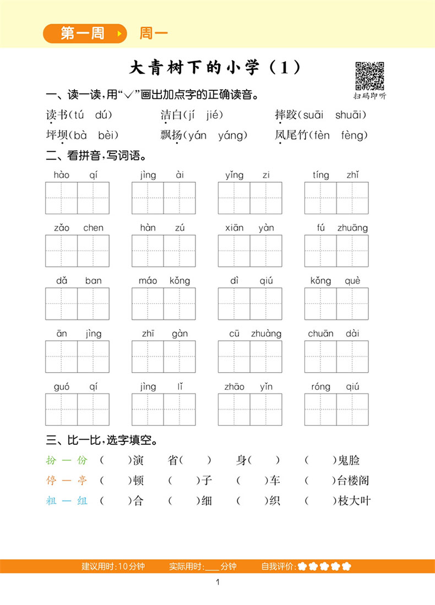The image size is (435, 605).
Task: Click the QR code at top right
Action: [369, 76]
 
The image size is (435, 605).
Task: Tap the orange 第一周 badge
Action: [83, 34]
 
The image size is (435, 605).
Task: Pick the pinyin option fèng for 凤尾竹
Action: [354, 135]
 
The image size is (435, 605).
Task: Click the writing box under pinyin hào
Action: [62, 198]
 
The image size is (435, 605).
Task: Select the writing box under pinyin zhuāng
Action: [352, 251]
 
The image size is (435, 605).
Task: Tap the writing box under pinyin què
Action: [352, 304]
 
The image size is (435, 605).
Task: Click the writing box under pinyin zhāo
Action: [234, 410]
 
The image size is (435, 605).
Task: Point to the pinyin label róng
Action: [320, 387]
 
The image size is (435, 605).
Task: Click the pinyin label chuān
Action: [320, 334]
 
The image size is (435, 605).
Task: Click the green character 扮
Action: [51, 461]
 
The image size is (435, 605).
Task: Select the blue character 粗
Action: [51, 501]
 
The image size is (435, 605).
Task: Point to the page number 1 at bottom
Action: [219, 582]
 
